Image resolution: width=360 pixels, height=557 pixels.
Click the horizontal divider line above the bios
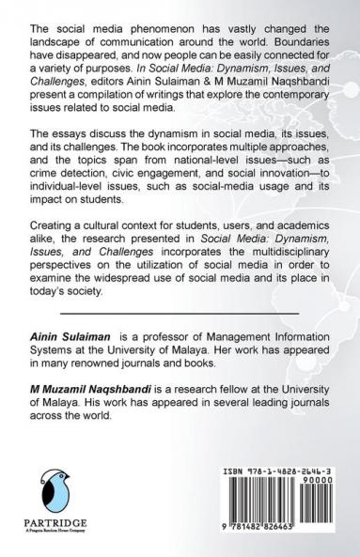pyautogui.click(x=180, y=313)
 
